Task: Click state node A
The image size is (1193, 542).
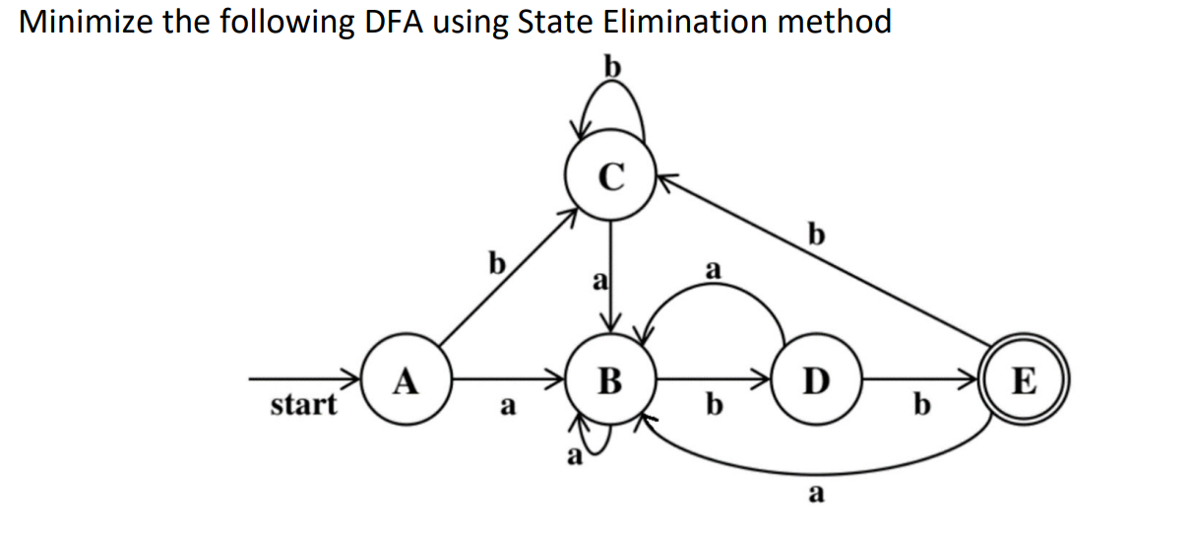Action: [405, 378]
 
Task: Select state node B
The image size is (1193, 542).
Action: [610, 378]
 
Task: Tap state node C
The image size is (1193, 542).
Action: [610, 176]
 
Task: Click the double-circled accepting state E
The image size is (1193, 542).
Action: [1024, 378]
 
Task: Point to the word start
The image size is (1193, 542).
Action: [303, 404]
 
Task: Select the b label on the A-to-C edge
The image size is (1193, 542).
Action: [497, 263]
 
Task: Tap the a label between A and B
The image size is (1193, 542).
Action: [506, 405]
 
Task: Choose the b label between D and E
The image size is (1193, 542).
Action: [920, 405]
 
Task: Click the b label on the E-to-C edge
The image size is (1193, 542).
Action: [815, 235]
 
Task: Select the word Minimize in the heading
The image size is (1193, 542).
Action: [85, 22]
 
